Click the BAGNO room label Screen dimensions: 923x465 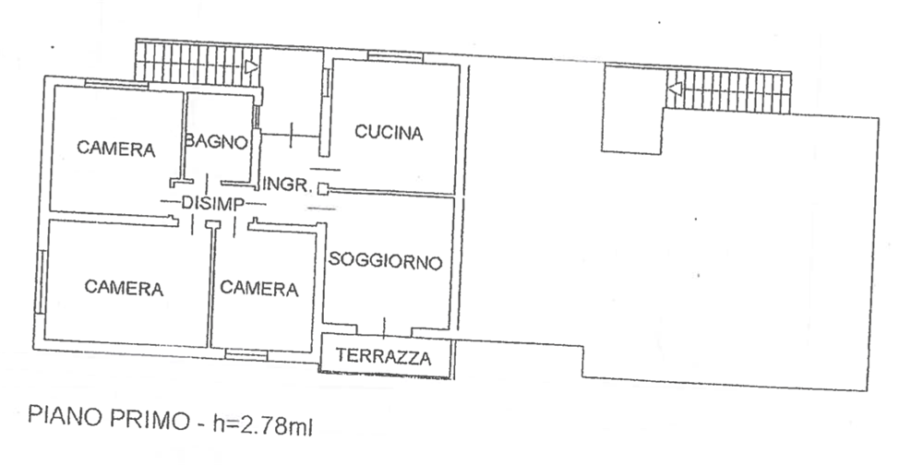pyautogui.click(x=216, y=142)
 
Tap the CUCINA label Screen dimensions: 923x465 pyautogui.click(x=389, y=133)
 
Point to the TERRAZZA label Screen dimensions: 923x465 pyautogui.click(x=383, y=356)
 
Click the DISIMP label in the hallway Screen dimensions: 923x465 pyautogui.click(x=212, y=204)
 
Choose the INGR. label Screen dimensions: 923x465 pyautogui.click(x=287, y=185)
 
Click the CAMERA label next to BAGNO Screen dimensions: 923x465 pyautogui.click(x=116, y=149)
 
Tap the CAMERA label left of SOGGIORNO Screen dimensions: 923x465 pyautogui.click(x=259, y=288)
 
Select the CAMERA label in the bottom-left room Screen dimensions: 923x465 pyautogui.click(x=124, y=287)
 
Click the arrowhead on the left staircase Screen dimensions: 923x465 pyautogui.click(x=251, y=66)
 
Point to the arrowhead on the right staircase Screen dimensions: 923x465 pyautogui.click(x=676, y=89)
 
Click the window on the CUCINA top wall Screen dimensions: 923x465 pyautogui.click(x=395, y=56)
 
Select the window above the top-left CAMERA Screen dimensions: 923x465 pyautogui.click(x=116, y=84)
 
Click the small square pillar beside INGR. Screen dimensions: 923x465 pyautogui.click(x=322, y=189)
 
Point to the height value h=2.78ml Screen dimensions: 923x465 pyautogui.click(x=263, y=425)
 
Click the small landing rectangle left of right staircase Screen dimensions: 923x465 pyautogui.click(x=632, y=110)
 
